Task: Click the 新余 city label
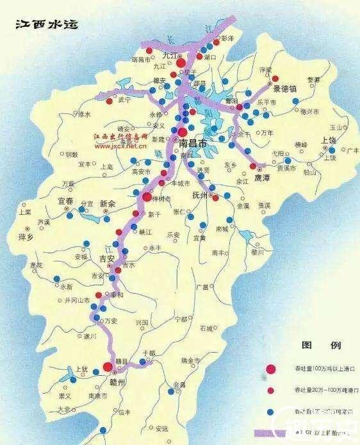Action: pos(108,203)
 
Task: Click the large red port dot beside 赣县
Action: pos(108,367)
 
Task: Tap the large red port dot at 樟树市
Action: pos(147,197)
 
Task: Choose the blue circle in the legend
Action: pos(272,410)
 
